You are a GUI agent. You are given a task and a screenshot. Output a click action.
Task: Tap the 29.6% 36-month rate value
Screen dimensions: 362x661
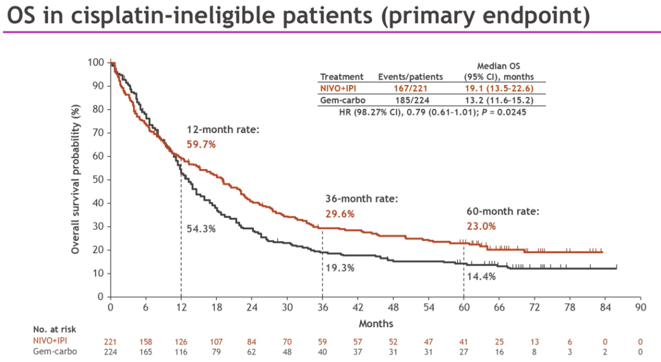(x=339, y=214)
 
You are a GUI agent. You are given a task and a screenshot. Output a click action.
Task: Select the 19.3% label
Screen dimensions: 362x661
(x=340, y=268)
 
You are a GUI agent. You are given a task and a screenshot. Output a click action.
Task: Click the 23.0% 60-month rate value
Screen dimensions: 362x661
(x=481, y=225)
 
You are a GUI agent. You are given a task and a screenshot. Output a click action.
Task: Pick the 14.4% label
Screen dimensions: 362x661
(x=481, y=276)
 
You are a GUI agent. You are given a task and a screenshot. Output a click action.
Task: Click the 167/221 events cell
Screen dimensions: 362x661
(x=410, y=88)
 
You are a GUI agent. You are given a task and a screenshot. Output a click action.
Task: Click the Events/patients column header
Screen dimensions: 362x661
(x=410, y=77)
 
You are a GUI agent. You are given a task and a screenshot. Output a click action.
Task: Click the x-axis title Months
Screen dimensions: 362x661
(x=376, y=323)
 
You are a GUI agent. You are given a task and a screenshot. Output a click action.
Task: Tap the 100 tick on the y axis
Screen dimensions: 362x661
(x=95, y=62)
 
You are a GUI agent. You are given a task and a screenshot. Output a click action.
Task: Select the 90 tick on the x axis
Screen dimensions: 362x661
(x=640, y=307)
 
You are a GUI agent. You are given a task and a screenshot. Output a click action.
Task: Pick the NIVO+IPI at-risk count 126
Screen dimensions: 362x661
(x=181, y=341)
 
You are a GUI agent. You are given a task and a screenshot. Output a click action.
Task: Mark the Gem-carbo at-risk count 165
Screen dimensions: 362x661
(x=145, y=352)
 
